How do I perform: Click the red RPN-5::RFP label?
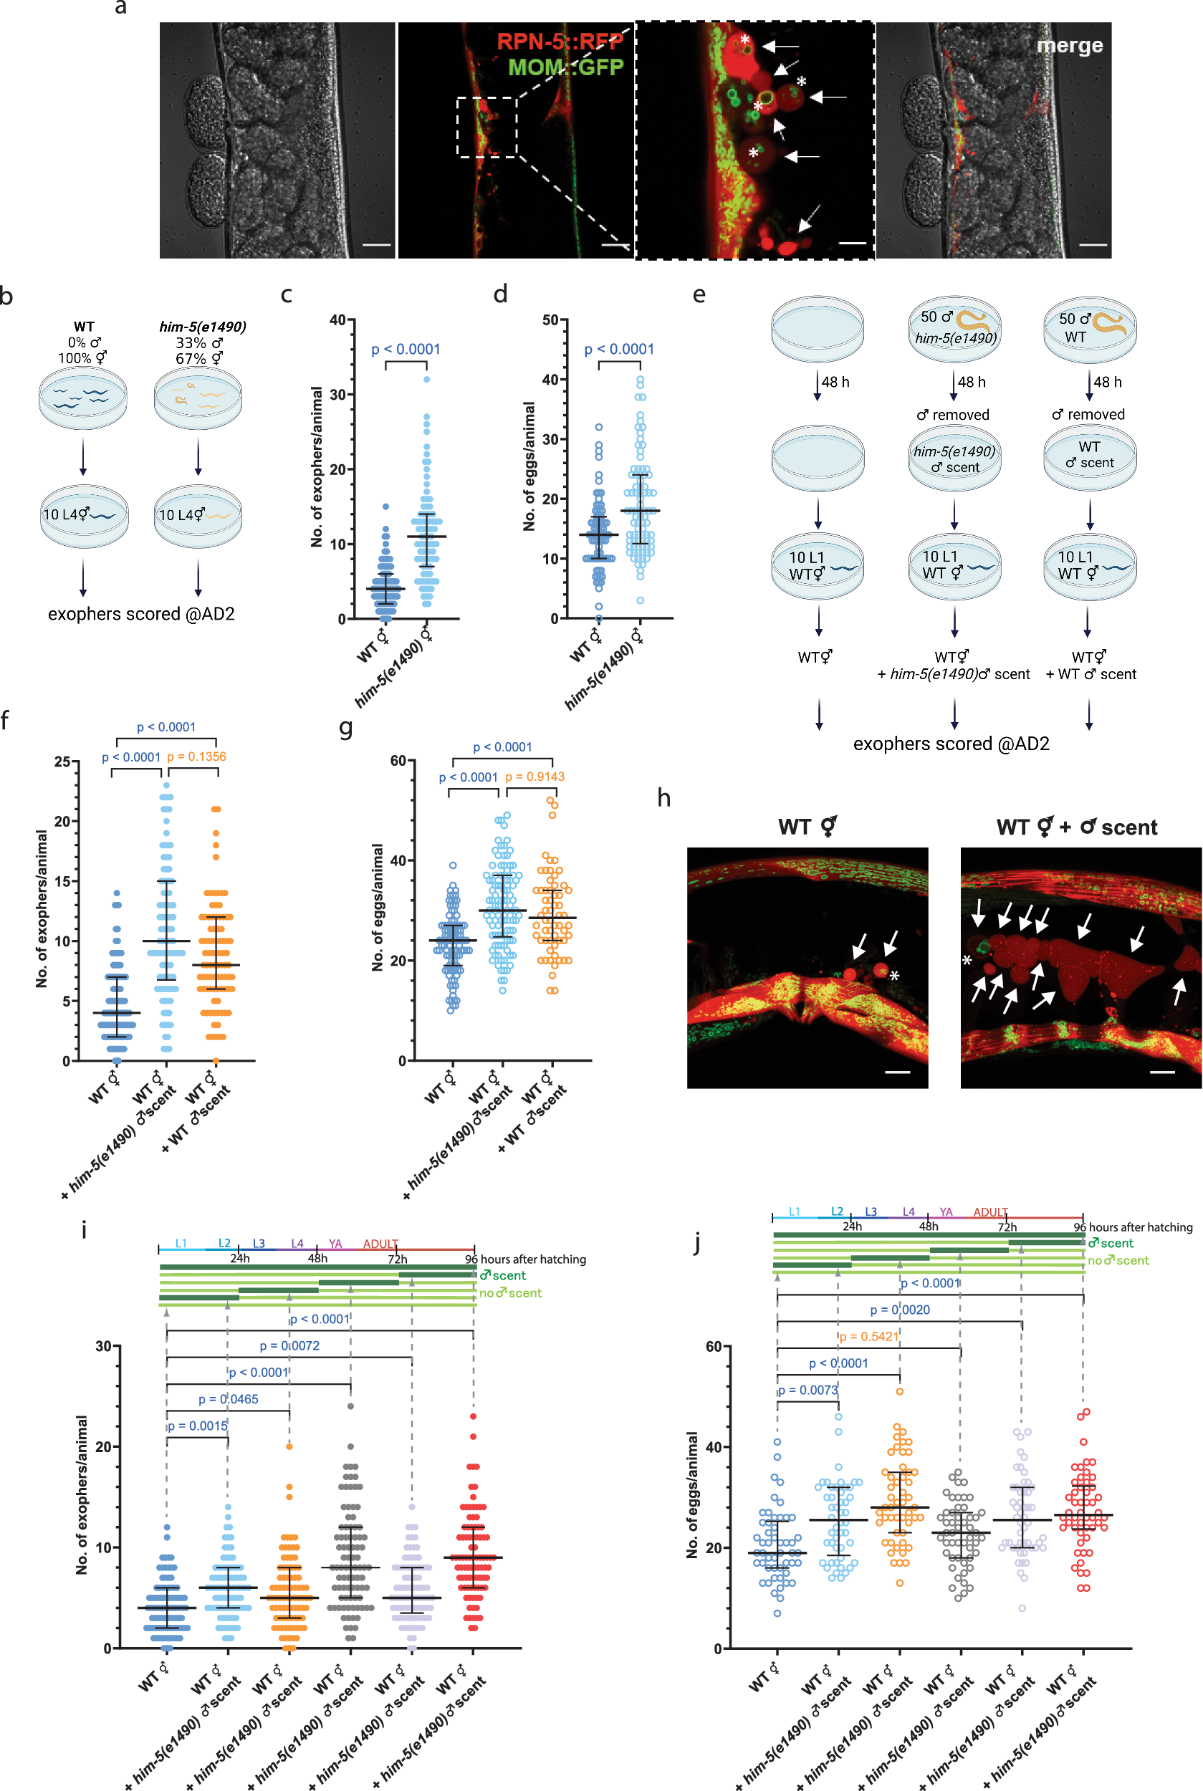point(560,42)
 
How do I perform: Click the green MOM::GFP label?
point(565,67)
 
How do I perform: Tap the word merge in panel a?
point(1069,45)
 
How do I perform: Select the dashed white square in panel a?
point(487,127)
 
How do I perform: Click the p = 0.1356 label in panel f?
point(196,757)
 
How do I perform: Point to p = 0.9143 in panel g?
point(535,777)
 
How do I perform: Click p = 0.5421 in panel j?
point(868,1336)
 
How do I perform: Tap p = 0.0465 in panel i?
point(228,1399)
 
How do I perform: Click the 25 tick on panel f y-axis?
point(62,762)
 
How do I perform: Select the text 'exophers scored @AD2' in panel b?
point(141,614)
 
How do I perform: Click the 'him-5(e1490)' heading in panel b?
point(203,326)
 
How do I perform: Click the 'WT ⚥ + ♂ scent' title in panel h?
point(1075,827)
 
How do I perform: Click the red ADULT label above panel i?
point(380,1244)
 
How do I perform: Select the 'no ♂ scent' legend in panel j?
point(1118,1260)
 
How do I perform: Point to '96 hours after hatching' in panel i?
point(525,1259)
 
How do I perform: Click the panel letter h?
point(663,799)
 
